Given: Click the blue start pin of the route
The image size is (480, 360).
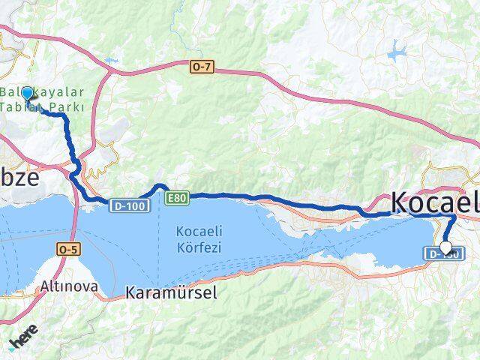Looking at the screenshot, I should (x=28, y=94).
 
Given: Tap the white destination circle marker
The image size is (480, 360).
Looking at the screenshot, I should (x=446, y=247).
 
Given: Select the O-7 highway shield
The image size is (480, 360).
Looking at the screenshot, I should (x=202, y=67).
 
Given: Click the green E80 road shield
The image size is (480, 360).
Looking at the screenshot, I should (x=177, y=197).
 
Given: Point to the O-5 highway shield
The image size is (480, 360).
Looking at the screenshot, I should (x=67, y=246).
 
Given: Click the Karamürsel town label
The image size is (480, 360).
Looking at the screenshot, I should (x=172, y=292).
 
